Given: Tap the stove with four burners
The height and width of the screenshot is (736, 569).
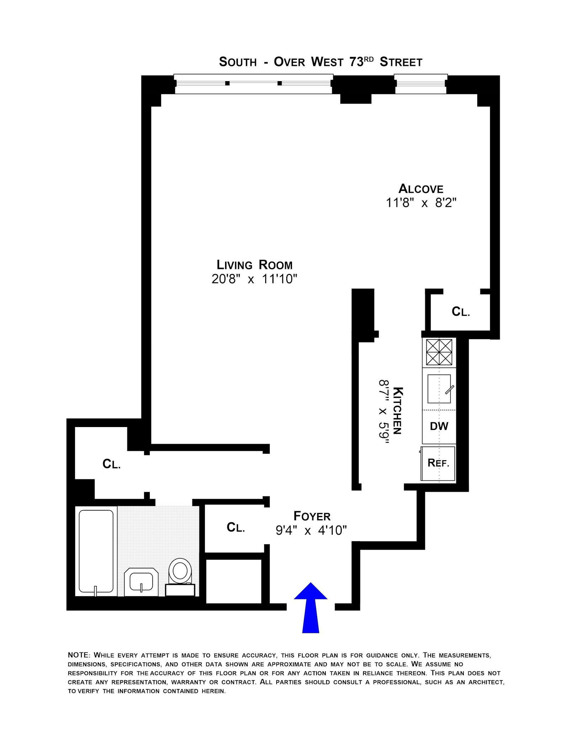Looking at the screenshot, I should click(439, 352).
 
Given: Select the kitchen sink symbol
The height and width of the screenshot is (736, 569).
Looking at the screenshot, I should click(439, 389).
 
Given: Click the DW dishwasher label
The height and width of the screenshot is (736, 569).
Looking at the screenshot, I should click(439, 426).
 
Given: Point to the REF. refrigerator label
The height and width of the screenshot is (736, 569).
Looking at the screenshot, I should click(438, 463).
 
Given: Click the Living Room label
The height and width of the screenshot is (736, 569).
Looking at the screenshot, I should click(255, 265).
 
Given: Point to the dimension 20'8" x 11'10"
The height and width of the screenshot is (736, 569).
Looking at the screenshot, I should click(254, 279).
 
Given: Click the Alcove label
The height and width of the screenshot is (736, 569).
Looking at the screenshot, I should click(421, 188).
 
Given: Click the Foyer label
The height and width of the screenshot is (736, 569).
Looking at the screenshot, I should click(312, 516).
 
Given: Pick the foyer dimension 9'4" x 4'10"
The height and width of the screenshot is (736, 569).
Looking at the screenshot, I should click(311, 530).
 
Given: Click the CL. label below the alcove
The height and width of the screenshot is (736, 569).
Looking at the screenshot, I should click(461, 311).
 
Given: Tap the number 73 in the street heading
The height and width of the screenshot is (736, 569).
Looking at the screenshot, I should click(356, 62).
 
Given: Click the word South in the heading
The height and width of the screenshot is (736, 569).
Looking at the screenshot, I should click(238, 62).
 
